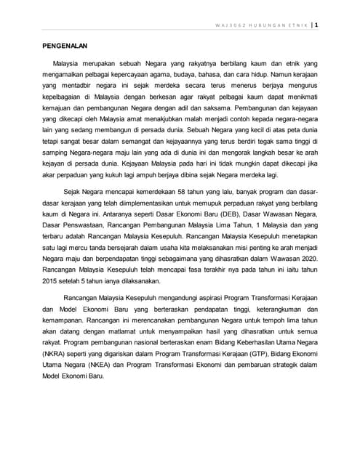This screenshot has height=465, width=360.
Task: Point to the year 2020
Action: pos(305,259)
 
